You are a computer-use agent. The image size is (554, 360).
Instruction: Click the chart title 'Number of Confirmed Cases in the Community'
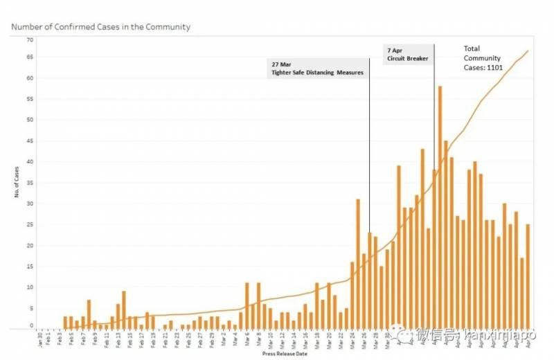pyautogui.click(x=101, y=27)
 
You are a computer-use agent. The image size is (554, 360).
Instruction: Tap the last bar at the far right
pyautogui.click(x=528, y=276)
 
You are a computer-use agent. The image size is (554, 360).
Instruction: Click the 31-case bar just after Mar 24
pyautogui.click(x=358, y=264)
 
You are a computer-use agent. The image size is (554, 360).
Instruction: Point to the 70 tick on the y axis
pyautogui.click(x=30, y=39)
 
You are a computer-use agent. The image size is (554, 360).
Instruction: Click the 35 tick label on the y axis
pyautogui.click(x=30, y=183)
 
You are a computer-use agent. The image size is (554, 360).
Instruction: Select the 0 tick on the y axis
pyautogui.click(x=31, y=325)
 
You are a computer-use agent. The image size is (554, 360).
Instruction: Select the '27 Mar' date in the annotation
pyautogui.click(x=282, y=63)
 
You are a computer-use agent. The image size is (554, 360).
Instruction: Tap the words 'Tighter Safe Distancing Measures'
pyautogui.click(x=317, y=72)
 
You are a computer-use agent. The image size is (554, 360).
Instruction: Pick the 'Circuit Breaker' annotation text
pyautogui.click(x=408, y=59)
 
